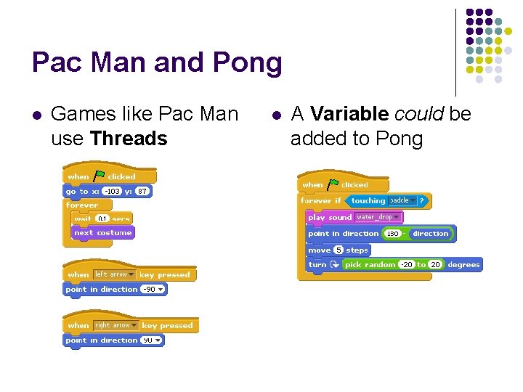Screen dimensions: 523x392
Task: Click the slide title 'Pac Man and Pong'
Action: click(157, 63)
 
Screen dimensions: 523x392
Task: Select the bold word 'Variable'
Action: click(349, 114)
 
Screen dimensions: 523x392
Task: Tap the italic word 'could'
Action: click(420, 114)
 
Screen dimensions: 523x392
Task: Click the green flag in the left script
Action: click(99, 176)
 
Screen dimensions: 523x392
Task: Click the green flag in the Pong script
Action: click(333, 184)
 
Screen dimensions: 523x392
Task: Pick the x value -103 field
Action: click(111, 192)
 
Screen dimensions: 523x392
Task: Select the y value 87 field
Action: click(142, 192)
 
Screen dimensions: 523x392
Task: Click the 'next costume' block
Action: click(102, 233)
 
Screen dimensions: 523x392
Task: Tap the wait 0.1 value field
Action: click(102, 219)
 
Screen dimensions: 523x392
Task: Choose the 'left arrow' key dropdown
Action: click(114, 274)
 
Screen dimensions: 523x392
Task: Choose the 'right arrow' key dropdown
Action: click(116, 325)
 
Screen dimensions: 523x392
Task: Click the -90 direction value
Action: click(153, 289)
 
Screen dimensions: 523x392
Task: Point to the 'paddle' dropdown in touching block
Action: click(402, 200)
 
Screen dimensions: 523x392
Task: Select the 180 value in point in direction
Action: click(392, 234)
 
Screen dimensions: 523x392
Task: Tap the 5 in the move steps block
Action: click(338, 250)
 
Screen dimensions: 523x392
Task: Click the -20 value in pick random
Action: click(407, 265)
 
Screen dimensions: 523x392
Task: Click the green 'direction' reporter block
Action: click(431, 234)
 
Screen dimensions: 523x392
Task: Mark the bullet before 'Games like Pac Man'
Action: click(36, 115)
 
